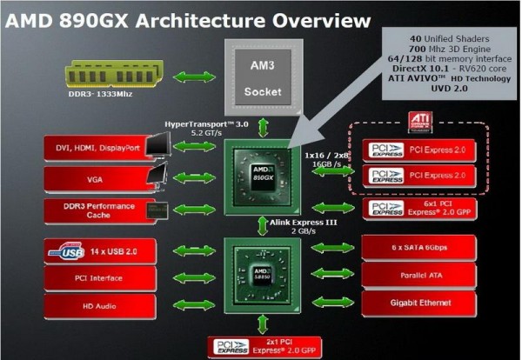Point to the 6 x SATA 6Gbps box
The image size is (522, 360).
[x=420, y=248]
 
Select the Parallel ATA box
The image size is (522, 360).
[x=420, y=274]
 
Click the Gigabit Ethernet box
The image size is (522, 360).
[x=420, y=302]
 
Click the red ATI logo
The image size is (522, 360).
[x=419, y=121]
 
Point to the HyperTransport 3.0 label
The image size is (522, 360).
[x=206, y=124]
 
